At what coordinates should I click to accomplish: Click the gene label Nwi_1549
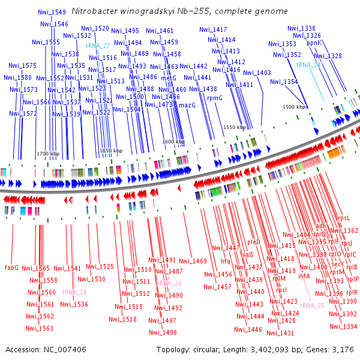[x=52, y=12]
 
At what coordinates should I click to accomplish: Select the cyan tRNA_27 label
[x=98, y=46]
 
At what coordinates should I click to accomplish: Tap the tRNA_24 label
[x=308, y=64]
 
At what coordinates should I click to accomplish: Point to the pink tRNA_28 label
[x=74, y=292]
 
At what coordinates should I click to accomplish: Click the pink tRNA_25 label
[x=312, y=305]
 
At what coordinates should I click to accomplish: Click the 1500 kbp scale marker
[x=295, y=107]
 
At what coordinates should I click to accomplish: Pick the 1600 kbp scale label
[x=173, y=142]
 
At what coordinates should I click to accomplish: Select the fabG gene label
[x=11, y=267]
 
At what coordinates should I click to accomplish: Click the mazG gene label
[x=187, y=105]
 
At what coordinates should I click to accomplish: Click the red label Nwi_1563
[x=39, y=328]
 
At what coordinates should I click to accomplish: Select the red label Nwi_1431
[x=280, y=333]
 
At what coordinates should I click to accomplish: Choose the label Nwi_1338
[x=301, y=28]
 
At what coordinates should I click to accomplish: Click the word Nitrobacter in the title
[x=91, y=11]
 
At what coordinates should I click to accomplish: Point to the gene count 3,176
[x=343, y=349]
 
